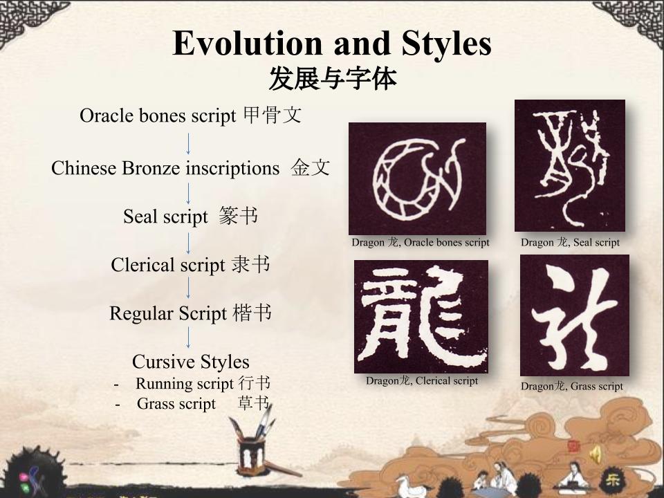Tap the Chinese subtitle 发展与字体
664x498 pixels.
(x=333, y=78)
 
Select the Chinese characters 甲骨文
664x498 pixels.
(x=273, y=116)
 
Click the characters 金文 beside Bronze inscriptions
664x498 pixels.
(x=311, y=167)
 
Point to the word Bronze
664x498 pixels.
(x=151, y=168)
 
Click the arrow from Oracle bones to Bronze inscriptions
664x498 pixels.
(x=188, y=144)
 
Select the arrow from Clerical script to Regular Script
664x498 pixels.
(x=188, y=288)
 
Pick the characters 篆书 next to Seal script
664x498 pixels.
(x=239, y=216)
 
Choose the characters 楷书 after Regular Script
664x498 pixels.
(x=252, y=313)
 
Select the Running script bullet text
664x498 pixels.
(x=203, y=383)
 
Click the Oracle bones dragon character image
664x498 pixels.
(x=417, y=178)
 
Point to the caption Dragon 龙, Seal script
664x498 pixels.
(x=570, y=242)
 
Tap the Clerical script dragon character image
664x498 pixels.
(x=421, y=316)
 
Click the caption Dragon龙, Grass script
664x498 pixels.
(x=572, y=386)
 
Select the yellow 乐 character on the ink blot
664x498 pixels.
(x=612, y=480)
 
